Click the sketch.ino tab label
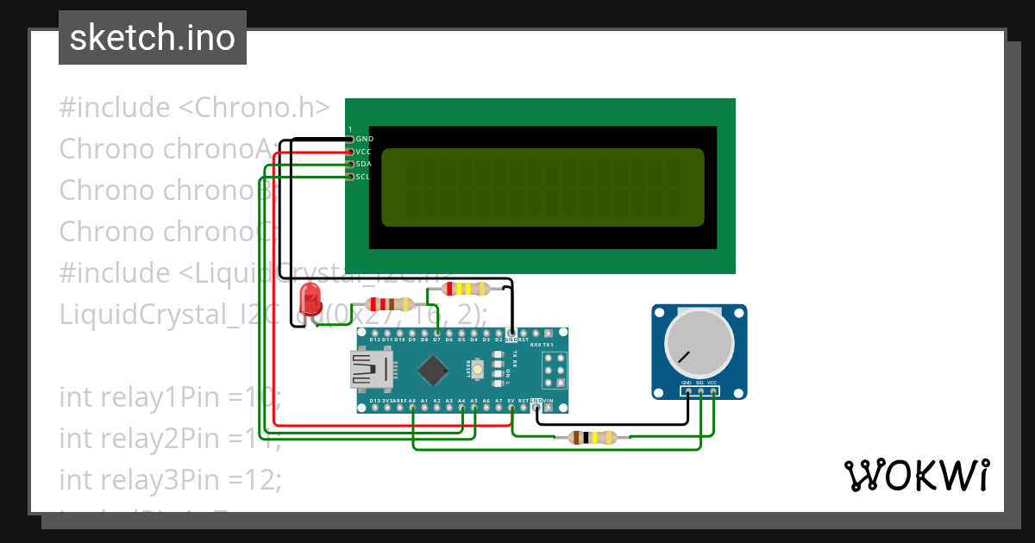pos(153,38)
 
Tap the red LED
pos(310,301)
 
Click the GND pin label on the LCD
pos(364,139)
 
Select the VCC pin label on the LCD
pos(363,152)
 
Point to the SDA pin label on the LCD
pos(363,164)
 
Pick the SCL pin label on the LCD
pos(363,177)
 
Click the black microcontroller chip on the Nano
pos(431,371)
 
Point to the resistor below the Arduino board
pos(592,437)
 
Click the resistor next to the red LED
pos(390,303)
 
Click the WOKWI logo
pos(916,475)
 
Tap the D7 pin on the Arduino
pos(437,334)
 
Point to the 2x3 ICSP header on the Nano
pos(554,370)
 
